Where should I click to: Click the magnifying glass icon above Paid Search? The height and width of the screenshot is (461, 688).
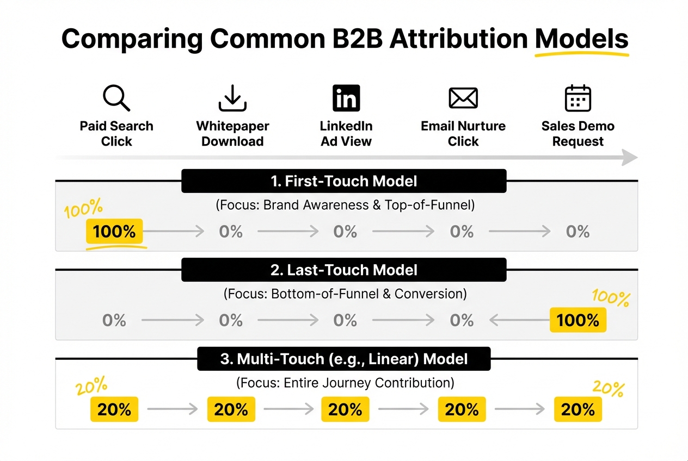coord(116,98)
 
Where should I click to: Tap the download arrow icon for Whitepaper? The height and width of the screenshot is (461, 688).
coord(232,98)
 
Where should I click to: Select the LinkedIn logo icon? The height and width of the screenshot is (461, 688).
coord(346,98)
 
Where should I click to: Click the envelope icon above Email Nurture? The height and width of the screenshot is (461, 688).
coord(463,98)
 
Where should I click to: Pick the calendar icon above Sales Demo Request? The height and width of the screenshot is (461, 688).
coord(578,98)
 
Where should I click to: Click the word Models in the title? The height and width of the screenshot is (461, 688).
coord(581,39)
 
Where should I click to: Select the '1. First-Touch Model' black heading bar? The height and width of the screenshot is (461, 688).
coord(343,181)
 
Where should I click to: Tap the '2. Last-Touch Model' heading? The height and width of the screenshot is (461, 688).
coord(343,270)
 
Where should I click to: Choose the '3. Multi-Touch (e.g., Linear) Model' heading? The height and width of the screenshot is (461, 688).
coord(343,359)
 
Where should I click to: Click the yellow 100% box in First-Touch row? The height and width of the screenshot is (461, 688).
coord(114,232)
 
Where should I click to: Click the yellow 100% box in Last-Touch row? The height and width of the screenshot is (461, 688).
coord(578,320)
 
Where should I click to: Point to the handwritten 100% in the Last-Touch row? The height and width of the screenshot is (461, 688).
coord(610,298)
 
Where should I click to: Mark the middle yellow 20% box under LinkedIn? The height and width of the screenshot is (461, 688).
coord(345,409)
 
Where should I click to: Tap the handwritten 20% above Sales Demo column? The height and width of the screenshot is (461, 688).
coord(608,389)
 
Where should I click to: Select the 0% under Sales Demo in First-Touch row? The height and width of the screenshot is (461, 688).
coord(578,232)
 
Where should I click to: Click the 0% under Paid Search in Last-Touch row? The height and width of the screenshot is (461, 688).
coord(114,320)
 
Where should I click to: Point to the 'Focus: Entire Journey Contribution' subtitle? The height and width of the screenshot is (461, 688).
coord(345,383)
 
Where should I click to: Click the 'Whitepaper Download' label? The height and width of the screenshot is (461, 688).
coord(232,134)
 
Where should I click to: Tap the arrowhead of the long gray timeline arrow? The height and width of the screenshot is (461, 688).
coord(630,158)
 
